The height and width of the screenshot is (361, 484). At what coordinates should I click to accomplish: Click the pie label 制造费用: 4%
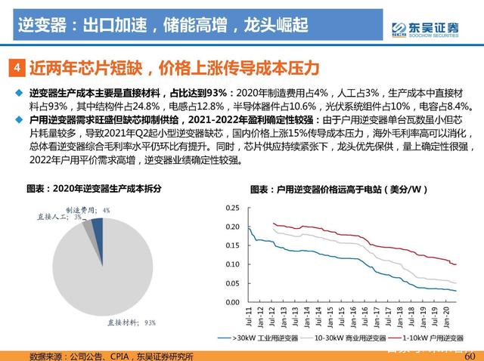pyautogui.click(x=87, y=210)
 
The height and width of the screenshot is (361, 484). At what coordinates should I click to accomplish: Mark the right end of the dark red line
pyautogui.click(x=457, y=264)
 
